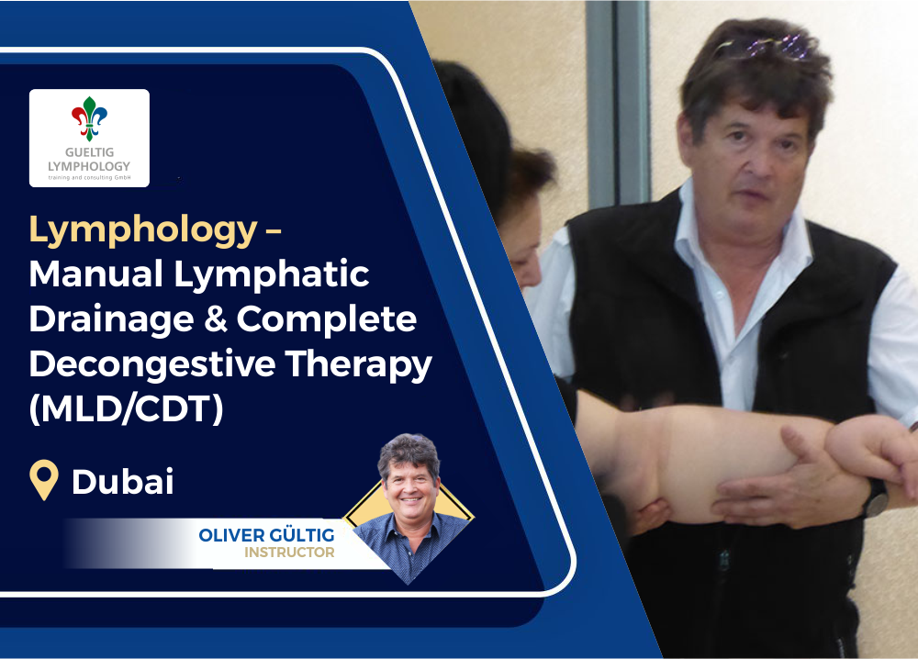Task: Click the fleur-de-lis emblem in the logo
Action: (x=89, y=117)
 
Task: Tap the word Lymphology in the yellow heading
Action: (x=142, y=231)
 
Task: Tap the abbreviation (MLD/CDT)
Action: (x=126, y=409)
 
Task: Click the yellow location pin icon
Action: (x=43, y=480)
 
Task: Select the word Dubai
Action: (x=123, y=482)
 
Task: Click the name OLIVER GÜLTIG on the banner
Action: (x=266, y=535)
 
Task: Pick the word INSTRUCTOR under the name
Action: (x=289, y=553)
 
